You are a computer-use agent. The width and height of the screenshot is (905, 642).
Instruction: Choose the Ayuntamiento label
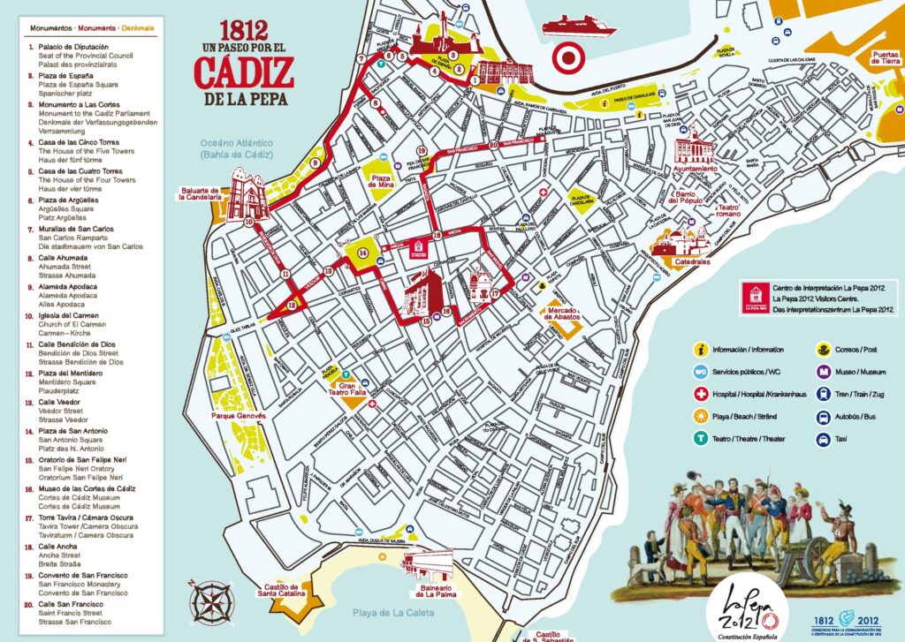coord(695,168)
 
